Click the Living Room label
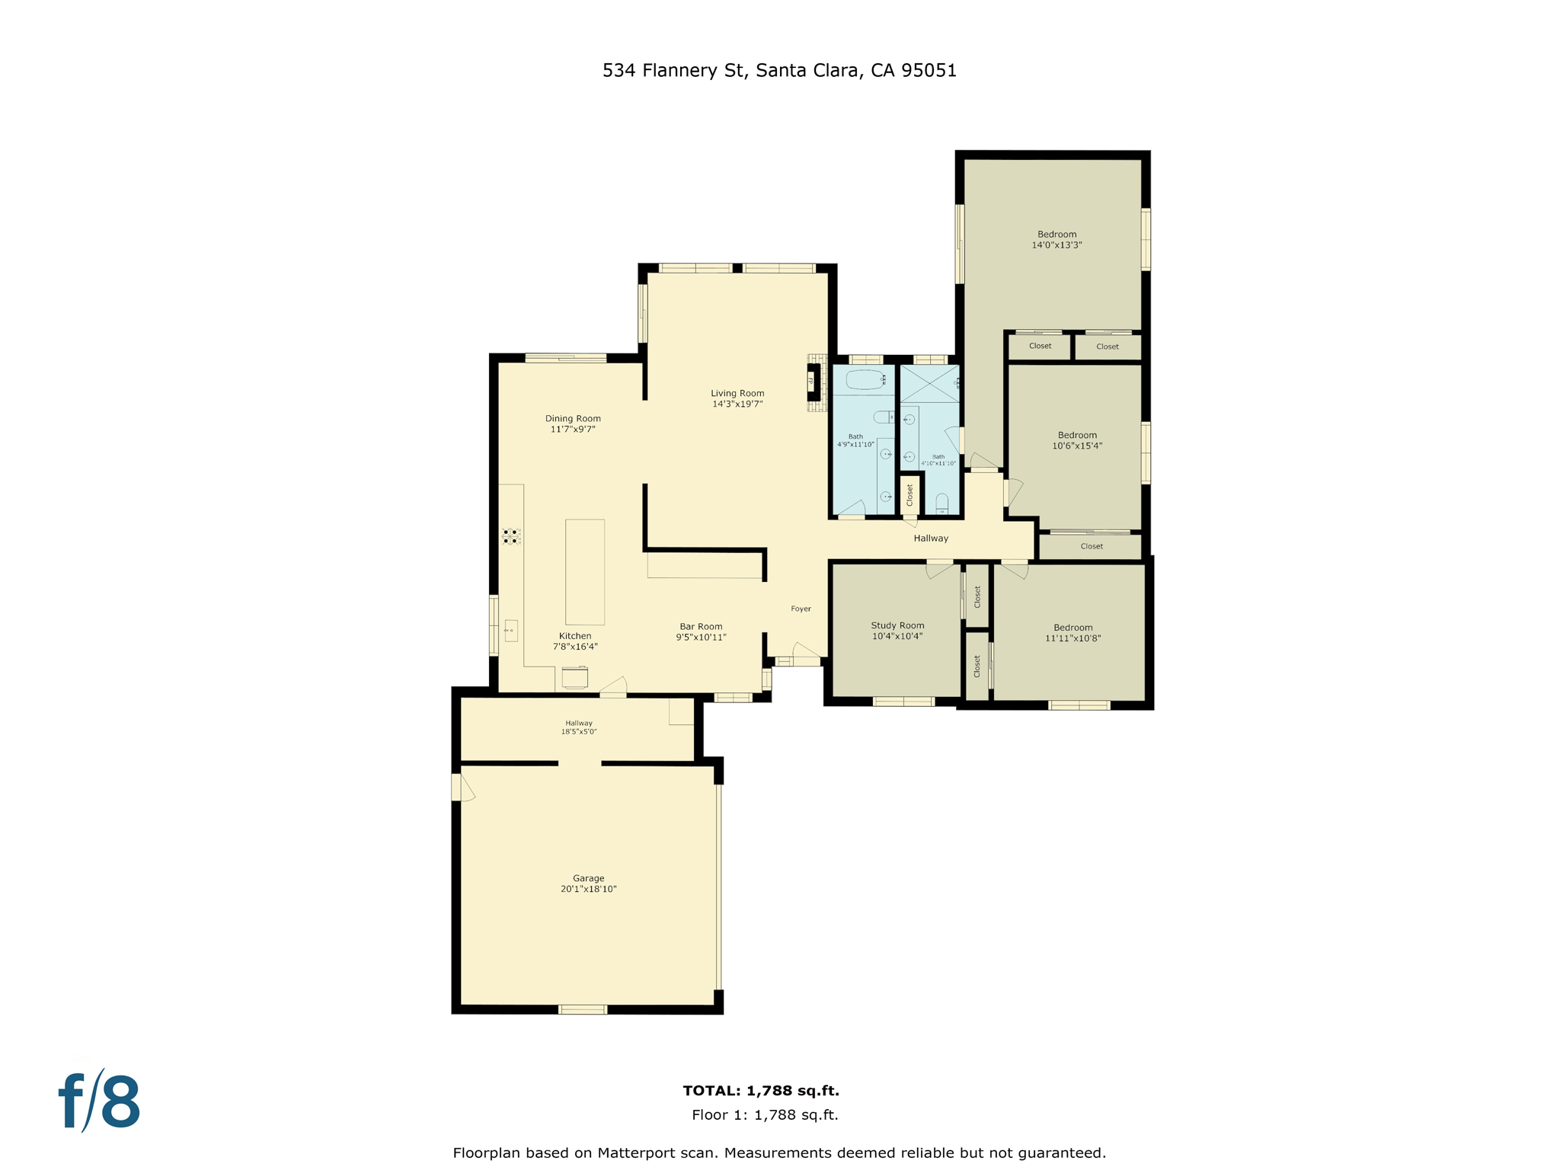(x=737, y=394)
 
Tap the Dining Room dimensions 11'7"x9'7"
(x=572, y=430)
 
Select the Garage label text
(x=588, y=878)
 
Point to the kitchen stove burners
(x=511, y=536)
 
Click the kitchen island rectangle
(x=584, y=572)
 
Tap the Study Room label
(x=897, y=625)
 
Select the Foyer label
(x=801, y=609)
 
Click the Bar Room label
(x=701, y=627)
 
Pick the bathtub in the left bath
(x=864, y=379)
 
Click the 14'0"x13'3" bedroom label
(x=1057, y=245)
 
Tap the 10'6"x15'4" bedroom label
(x=1076, y=446)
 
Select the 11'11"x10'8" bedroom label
(x=1072, y=638)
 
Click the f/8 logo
(x=100, y=1101)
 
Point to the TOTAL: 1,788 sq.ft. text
(x=760, y=1091)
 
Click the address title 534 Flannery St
(x=779, y=70)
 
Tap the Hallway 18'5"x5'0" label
(x=578, y=727)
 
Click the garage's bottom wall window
(x=583, y=1009)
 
